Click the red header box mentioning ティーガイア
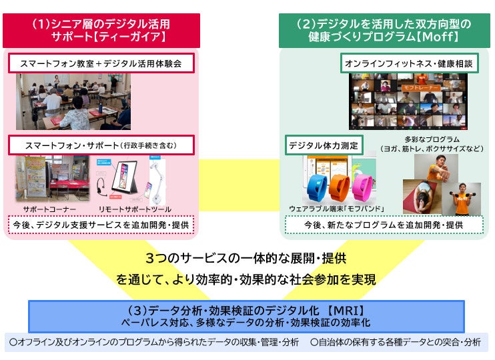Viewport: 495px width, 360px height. click(102, 29)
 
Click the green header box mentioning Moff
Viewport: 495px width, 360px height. click(384, 29)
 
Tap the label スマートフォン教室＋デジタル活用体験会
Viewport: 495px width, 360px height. click(102, 64)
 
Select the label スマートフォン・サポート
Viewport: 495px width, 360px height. click(102, 144)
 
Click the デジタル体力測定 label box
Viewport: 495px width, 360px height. click(324, 145)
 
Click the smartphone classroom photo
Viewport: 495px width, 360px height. click(73, 102)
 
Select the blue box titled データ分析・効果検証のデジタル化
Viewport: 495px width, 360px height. click(255, 316)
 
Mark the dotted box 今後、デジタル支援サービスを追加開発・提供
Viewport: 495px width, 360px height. click(102, 225)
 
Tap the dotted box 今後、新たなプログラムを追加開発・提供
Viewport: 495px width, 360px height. click(384, 225)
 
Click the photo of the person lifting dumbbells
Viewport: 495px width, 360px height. click(461, 198)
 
